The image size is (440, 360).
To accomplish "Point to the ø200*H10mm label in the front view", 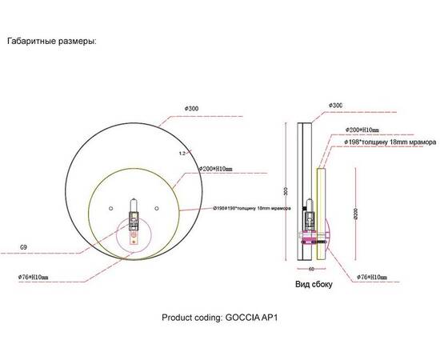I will pyautogui.click(x=217, y=170).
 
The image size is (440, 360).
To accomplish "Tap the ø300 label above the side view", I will pyautogui.click(x=336, y=105).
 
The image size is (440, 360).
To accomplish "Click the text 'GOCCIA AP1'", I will pyautogui.click(x=256, y=316).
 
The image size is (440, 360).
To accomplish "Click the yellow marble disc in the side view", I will pyautogui.click(x=319, y=212).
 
